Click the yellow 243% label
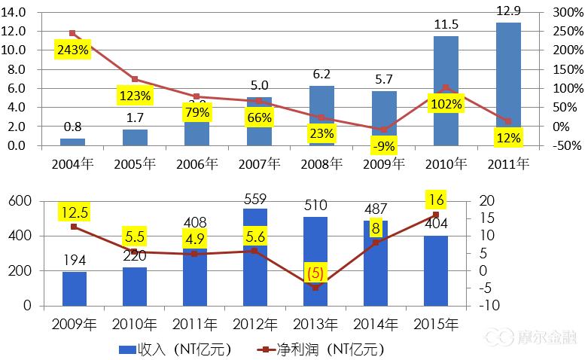click(x=72, y=50)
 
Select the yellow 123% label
click(x=135, y=96)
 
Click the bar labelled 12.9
click(x=508, y=84)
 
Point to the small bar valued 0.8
click(x=72, y=142)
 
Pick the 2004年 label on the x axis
click(x=72, y=162)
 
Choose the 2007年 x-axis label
click(x=259, y=162)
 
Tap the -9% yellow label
click(x=383, y=145)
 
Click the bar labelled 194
click(x=74, y=288)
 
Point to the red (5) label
click(x=315, y=272)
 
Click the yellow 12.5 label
click(x=74, y=214)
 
